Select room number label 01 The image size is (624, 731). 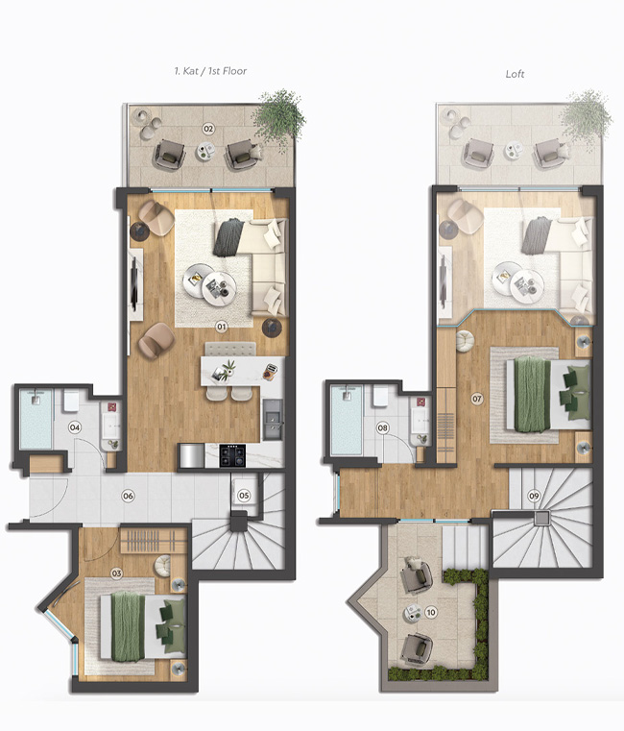point(221,327)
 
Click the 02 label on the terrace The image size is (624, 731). point(207,128)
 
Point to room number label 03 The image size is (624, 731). point(117,573)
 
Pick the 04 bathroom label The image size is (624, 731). point(75,426)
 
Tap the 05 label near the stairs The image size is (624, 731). point(245,496)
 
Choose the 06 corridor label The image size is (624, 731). point(127,496)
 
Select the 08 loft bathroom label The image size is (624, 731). point(383,427)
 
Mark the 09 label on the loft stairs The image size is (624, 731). point(535,497)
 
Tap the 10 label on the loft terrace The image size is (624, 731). point(431,612)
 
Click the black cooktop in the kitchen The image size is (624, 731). point(233,453)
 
